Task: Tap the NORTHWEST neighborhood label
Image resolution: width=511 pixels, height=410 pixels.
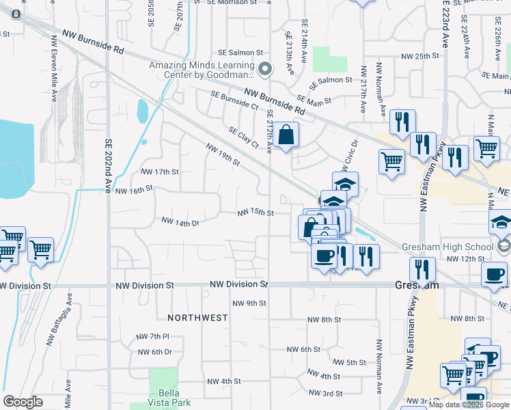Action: pos(197,318)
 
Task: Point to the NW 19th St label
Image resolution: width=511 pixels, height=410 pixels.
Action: pos(223,154)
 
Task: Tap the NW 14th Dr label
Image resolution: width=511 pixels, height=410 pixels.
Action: pos(180,222)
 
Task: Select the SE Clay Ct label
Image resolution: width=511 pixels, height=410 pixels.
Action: pos(244,137)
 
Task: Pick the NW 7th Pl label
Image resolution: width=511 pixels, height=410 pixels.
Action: pos(152,336)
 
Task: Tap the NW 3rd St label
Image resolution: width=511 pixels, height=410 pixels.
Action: pos(325,393)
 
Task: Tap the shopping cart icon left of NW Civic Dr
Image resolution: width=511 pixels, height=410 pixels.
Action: pos(391,162)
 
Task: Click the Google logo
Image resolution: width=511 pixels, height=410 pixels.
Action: pos(23,402)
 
